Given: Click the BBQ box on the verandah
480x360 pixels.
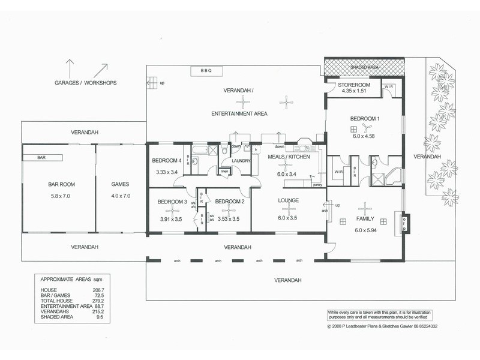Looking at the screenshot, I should click(207, 71).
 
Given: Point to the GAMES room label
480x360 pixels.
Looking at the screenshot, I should click(121, 184).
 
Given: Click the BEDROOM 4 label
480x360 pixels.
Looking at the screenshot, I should click(166, 161).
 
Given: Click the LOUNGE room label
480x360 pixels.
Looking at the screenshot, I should click(289, 200).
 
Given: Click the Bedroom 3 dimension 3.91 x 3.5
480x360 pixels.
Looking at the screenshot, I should click(170, 219).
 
